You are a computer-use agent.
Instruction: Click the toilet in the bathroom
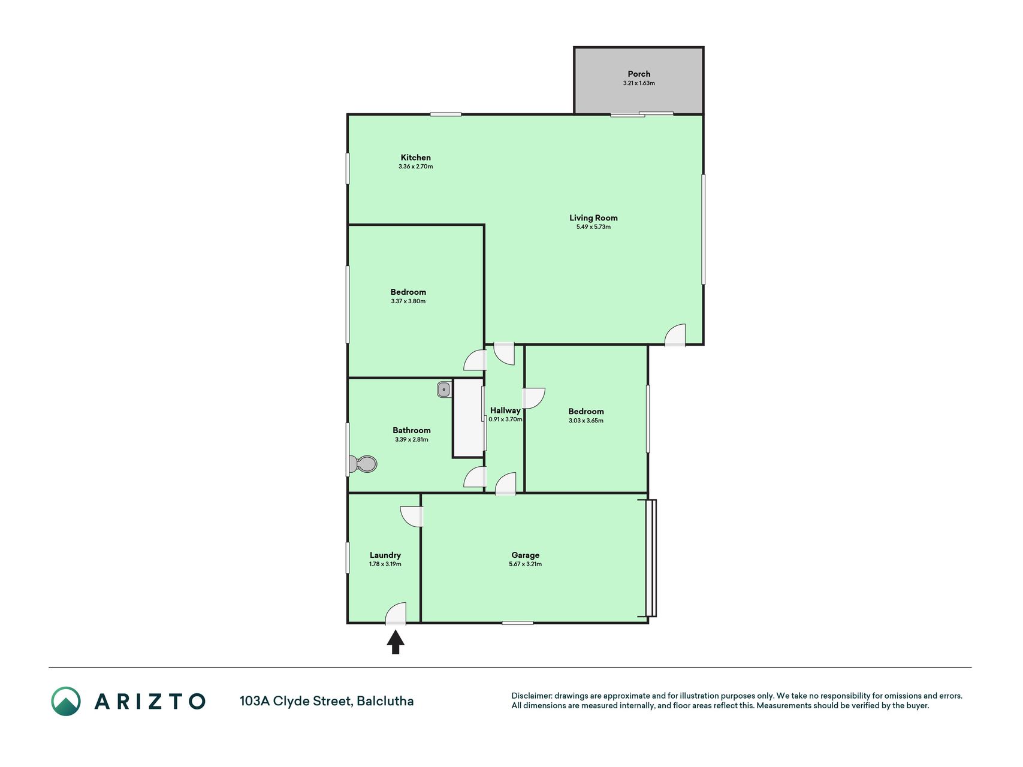click(x=363, y=464)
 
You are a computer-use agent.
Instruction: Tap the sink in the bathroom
click(x=444, y=389)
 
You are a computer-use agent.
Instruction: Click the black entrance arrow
click(x=396, y=642)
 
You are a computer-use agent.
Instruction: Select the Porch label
click(x=639, y=74)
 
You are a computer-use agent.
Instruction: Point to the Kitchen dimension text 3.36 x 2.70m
click(x=415, y=167)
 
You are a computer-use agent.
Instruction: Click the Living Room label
click(x=593, y=218)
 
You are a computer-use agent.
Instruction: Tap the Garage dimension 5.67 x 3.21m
click(x=525, y=564)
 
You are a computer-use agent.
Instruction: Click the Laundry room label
click(x=385, y=555)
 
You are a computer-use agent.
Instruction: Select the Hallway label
click(x=505, y=410)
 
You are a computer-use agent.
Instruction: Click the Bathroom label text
click(x=411, y=430)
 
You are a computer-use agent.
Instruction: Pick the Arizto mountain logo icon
click(x=65, y=701)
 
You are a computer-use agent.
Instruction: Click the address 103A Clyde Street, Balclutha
click(x=327, y=701)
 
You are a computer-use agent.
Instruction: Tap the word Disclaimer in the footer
click(x=531, y=696)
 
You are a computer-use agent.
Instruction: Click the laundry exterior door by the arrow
click(x=396, y=614)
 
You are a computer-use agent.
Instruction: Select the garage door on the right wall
click(x=651, y=558)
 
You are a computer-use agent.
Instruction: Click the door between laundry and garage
click(x=412, y=517)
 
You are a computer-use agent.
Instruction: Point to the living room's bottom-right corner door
click(x=675, y=335)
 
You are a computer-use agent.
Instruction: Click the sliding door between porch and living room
click(x=642, y=114)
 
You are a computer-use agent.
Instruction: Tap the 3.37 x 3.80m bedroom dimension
click(x=408, y=301)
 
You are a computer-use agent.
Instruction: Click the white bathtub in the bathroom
click(x=468, y=418)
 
